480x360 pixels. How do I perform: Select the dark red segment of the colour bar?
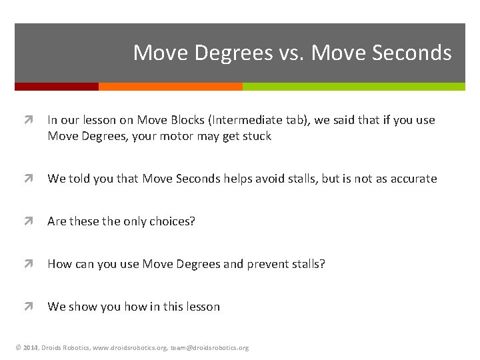coord(57,87)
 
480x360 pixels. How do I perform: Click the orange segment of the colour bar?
coord(170,87)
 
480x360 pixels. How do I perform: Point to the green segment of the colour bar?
coord(353,87)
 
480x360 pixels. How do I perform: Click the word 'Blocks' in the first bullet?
coord(188,120)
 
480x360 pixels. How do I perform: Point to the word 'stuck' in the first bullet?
coord(257,136)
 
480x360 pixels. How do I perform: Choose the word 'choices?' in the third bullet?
coord(173,221)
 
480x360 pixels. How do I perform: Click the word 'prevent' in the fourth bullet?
coord(271,264)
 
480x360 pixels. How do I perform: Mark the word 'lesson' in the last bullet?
coord(202,307)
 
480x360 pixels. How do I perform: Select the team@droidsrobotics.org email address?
coord(209,348)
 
